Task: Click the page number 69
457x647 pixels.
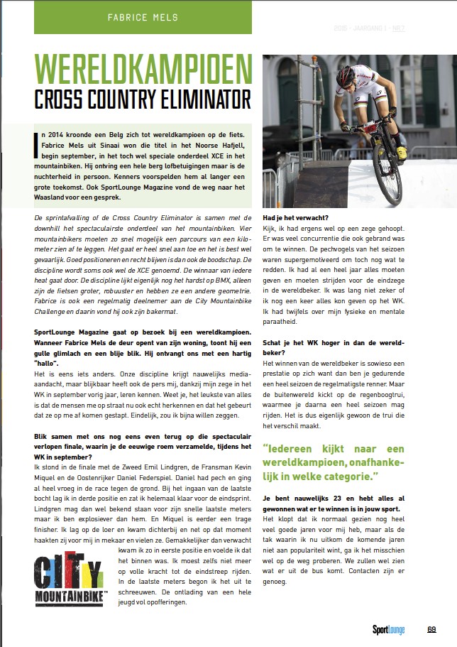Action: pos(431,628)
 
